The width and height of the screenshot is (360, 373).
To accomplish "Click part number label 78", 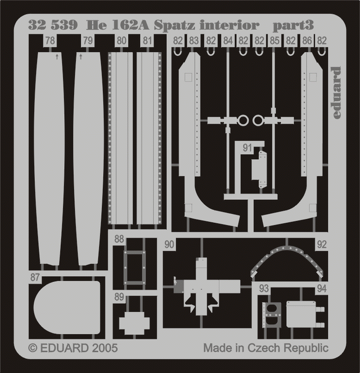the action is point(50,41).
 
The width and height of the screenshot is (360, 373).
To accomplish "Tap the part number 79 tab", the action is point(88,41).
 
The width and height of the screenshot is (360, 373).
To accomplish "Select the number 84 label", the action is point(228,41).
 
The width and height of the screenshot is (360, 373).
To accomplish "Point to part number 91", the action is point(247,148).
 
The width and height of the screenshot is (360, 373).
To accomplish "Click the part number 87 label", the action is point(35,277).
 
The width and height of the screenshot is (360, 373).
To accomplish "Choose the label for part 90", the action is point(169,245).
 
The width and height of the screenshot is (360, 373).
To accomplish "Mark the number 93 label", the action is point(264,289).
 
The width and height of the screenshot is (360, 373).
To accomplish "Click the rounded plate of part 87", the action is point(67,307).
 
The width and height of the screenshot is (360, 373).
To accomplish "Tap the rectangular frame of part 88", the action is point(134,267).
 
